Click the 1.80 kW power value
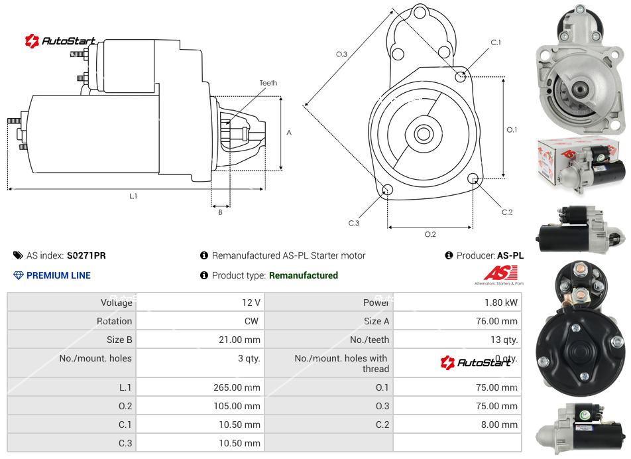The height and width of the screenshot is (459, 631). point(501,302)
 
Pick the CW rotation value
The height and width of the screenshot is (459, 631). point(253,321)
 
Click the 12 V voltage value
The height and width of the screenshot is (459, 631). point(251,302)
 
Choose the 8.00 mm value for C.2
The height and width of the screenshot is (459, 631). point(501,425)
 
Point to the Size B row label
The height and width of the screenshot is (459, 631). point(119,340)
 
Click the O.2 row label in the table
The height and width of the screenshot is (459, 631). point(125,406)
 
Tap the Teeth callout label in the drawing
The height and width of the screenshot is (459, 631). point(268,83)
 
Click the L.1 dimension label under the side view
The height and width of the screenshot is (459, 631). point(133,196)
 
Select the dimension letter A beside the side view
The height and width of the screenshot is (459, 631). point(289,133)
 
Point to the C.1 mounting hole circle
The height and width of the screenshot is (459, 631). point(461,77)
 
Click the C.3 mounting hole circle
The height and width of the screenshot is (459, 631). point(388,191)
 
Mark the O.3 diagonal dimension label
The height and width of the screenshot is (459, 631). point(342,54)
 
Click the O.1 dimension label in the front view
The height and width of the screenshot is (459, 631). point(512,130)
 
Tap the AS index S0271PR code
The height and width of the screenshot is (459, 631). point(86,255)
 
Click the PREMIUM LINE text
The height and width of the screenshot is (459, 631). point(58,275)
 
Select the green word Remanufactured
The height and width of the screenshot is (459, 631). point(304,275)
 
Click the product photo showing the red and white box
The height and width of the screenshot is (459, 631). point(580,166)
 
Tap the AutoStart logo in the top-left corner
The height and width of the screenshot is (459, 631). point(61,41)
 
